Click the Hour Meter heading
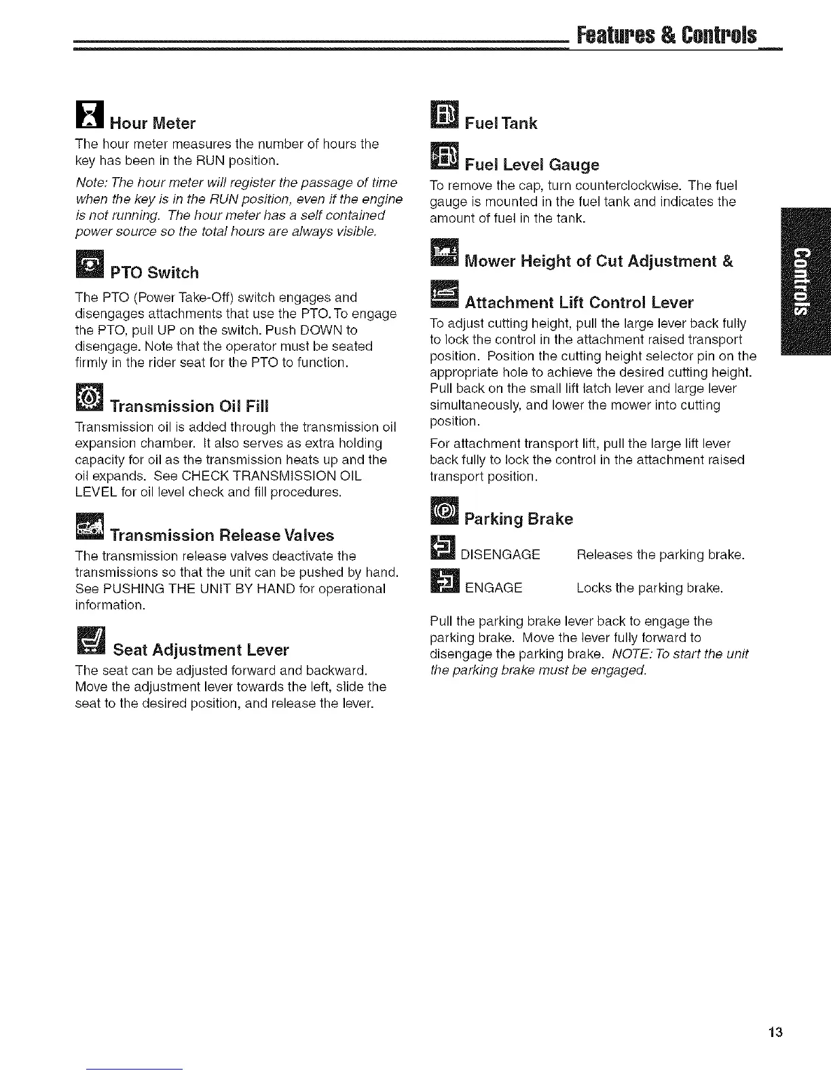[x=152, y=124]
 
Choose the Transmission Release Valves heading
[x=222, y=535]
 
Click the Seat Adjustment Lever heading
[x=200, y=650]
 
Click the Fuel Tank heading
[x=500, y=124]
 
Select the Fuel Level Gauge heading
[x=532, y=165]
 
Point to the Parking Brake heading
[x=519, y=519]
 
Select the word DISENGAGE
[x=500, y=555]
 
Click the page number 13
[x=776, y=1033]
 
